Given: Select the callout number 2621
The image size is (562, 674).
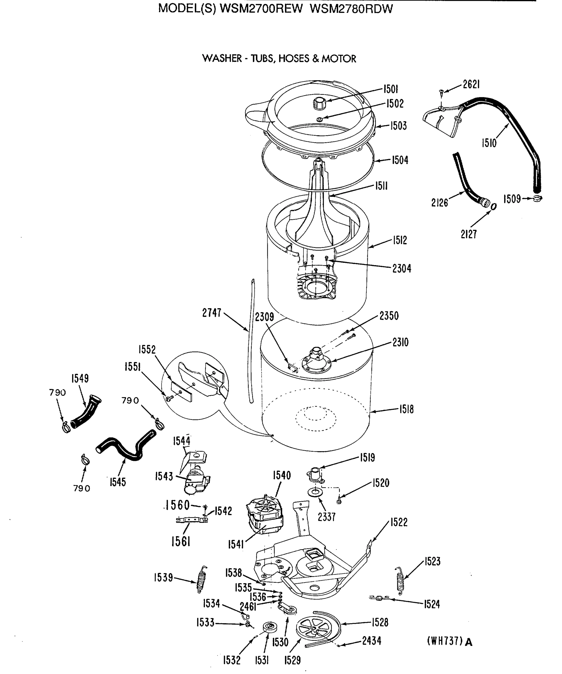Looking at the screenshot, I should (471, 85).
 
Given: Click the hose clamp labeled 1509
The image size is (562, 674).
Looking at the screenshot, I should (537, 199).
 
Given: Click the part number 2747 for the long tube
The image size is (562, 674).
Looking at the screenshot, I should (212, 313).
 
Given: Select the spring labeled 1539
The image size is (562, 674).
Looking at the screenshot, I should (202, 580).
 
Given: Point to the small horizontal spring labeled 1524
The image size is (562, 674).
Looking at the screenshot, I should (379, 598).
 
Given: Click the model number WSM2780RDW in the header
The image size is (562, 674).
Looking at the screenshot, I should (351, 9).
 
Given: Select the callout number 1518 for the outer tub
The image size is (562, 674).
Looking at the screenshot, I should (406, 409).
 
